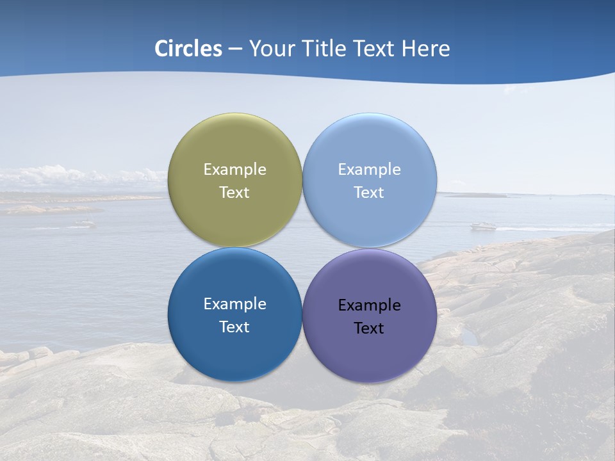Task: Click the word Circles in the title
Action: (x=188, y=49)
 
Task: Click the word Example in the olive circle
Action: (x=234, y=170)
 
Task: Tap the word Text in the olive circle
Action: (x=234, y=193)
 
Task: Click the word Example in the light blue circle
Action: (x=369, y=170)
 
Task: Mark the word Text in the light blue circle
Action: (x=369, y=193)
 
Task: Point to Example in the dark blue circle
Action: (x=234, y=304)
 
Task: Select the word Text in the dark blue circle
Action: (x=234, y=327)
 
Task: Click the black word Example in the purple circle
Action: (x=369, y=305)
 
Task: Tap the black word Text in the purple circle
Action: (x=369, y=328)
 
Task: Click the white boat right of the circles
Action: (x=484, y=226)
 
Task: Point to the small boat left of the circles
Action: (x=83, y=223)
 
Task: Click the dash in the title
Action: (x=235, y=49)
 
